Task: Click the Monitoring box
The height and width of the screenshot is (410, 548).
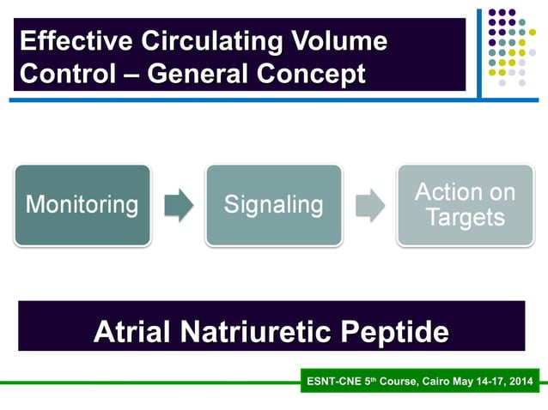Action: [82, 205]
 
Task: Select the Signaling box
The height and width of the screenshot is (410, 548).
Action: [273, 205]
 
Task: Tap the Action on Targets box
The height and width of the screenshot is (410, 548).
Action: [465, 205]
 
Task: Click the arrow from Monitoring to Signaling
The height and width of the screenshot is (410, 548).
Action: [179, 206]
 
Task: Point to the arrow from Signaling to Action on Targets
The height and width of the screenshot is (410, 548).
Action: [369, 206]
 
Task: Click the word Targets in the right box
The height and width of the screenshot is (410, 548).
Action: [465, 218]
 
